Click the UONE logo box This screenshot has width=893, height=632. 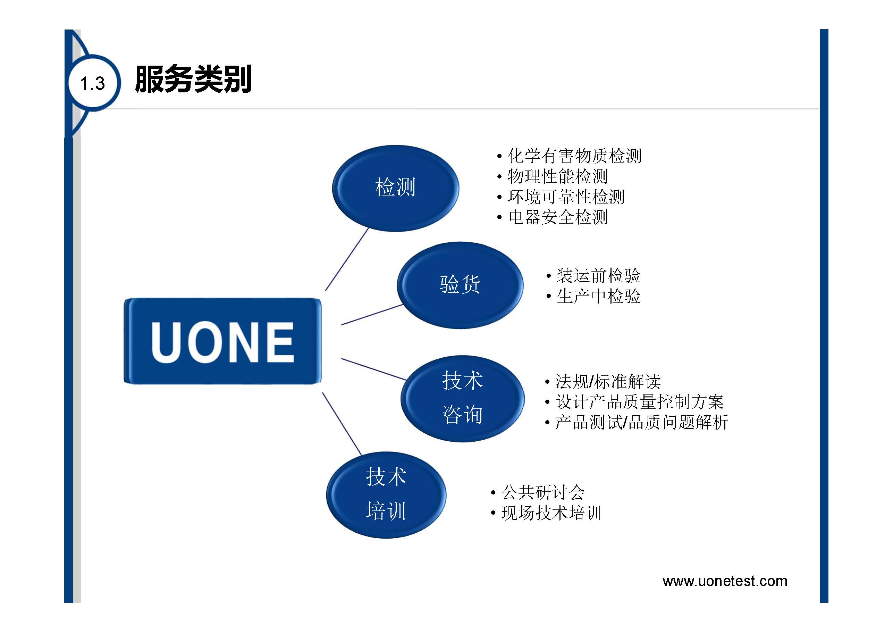[222, 341]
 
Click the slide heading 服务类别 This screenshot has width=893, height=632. [193, 80]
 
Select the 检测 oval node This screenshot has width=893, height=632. [396, 188]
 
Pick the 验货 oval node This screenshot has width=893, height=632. [460, 285]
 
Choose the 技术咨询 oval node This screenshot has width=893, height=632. [462, 399]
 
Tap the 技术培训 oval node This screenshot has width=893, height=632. [386, 495]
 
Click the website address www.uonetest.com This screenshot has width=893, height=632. [725, 581]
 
